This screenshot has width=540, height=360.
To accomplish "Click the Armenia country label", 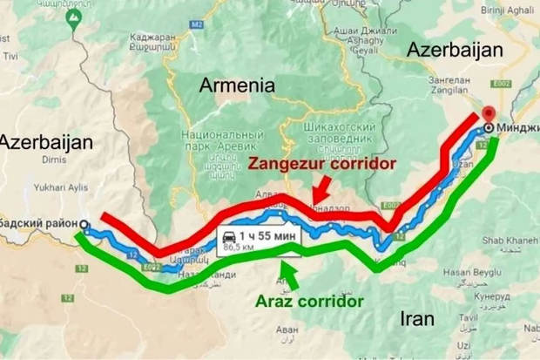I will coord(237,85).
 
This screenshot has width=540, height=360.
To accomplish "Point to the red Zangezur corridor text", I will coord(323,163).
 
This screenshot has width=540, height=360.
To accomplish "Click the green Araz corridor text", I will coord(310,301).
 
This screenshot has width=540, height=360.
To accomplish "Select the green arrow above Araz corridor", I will coord(285,275).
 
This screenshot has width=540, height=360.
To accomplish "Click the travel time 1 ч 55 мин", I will coord(267,236).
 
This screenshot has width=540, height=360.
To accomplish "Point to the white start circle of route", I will coord(84,225).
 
